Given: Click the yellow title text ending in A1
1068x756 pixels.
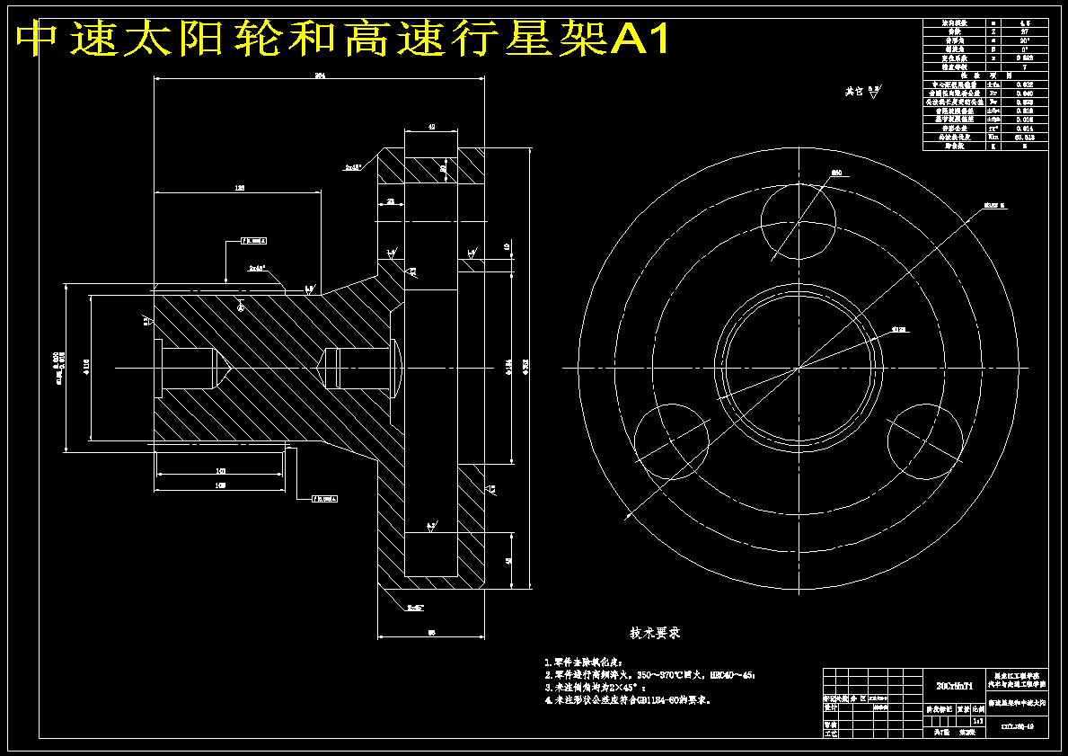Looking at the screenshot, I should (x=341, y=39).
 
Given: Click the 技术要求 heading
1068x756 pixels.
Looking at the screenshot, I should (x=655, y=633).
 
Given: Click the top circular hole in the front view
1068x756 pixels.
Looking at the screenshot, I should (x=798, y=220).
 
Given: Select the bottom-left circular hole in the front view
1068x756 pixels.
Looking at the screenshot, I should (x=671, y=440).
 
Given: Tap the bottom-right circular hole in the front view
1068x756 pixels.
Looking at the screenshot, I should (x=924, y=440).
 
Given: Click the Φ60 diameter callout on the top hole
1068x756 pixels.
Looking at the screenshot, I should (x=835, y=172).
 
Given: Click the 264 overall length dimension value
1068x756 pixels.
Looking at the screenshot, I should (x=319, y=76).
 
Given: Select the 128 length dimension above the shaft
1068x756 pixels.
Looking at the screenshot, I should (x=239, y=188).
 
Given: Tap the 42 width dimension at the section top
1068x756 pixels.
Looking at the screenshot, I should (x=431, y=128).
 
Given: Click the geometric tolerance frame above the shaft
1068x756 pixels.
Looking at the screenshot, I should (x=253, y=241).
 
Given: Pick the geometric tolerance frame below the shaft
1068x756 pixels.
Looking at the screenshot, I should (x=325, y=498).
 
